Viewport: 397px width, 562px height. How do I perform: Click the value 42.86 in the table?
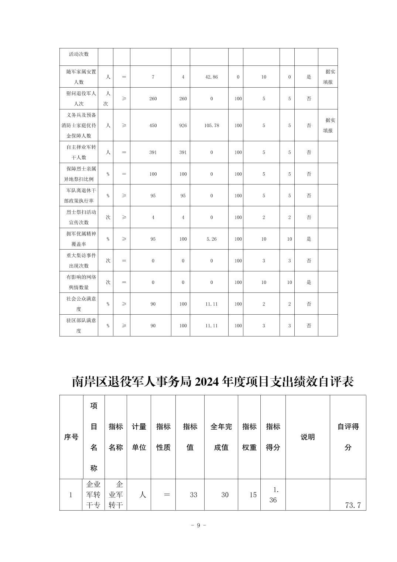[211, 77]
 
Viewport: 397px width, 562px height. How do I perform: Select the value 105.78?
[211, 125]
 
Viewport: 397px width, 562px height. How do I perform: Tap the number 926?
[183, 125]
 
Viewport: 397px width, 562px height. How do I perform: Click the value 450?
[153, 125]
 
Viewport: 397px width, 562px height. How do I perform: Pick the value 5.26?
[211, 239]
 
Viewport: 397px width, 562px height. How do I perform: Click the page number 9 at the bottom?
[198, 525]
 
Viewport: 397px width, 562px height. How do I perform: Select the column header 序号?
[71, 437]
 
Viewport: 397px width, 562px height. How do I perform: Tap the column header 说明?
[307, 437]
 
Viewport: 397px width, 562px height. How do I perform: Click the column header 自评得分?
[348, 437]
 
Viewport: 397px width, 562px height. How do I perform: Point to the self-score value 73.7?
[353, 505]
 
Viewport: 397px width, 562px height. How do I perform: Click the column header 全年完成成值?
[221, 437]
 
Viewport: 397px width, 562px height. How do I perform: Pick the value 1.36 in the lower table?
[273, 495]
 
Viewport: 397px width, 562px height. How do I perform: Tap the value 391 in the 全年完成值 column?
[183, 152]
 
